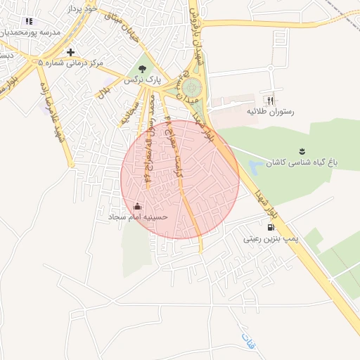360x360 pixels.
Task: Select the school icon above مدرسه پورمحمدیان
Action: [x=28, y=22]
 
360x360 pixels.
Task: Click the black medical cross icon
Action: [x=70, y=52]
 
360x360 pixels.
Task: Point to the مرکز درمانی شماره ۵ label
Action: [x=71, y=63]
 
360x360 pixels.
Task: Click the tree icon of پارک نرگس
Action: [x=143, y=69]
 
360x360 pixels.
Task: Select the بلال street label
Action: [x=103, y=90]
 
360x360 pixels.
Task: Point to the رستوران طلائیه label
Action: [x=270, y=112]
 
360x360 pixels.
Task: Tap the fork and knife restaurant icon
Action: [x=270, y=101]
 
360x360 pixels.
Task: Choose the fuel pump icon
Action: [x=271, y=227]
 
